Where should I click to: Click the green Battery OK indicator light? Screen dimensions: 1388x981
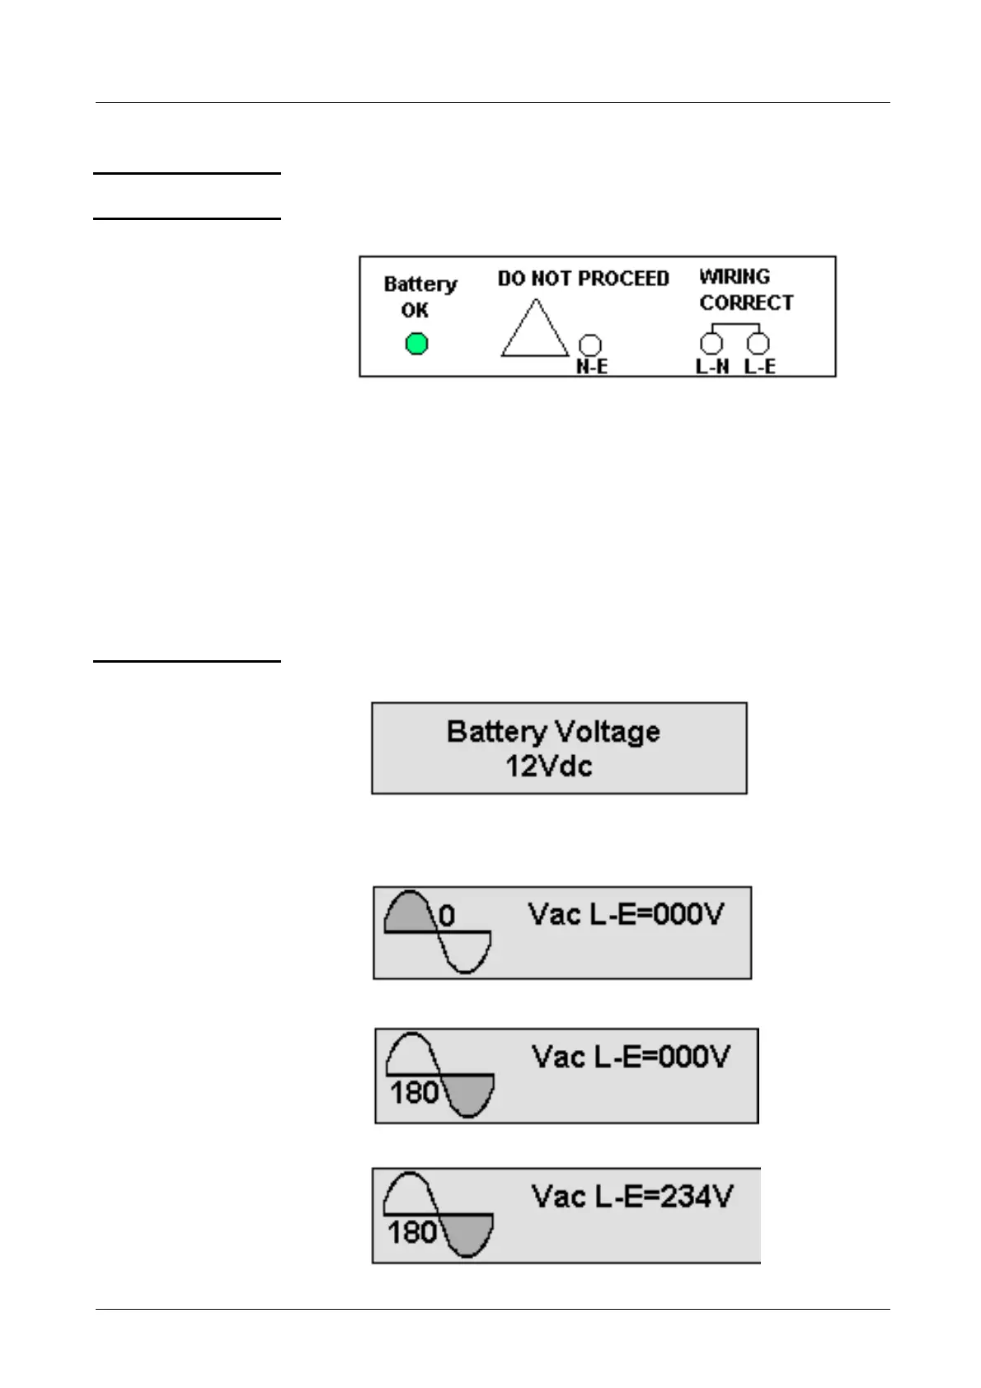[x=417, y=344]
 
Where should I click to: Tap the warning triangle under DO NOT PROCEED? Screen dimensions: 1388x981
[x=534, y=331]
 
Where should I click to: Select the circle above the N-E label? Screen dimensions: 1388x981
[x=591, y=345]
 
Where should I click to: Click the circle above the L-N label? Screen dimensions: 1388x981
[x=711, y=343]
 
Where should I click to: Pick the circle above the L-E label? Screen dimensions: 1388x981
[x=758, y=343]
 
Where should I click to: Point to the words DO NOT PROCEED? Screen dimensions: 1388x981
[x=583, y=279]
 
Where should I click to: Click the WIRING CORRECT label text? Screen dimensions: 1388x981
[x=745, y=290]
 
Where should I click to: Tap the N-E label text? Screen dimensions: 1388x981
[x=591, y=367]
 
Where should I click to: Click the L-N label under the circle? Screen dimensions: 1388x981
[x=712, y=367]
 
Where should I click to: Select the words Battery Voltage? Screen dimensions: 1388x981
[x=553, y=732]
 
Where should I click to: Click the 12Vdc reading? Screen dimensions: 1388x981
[x=548, y=767]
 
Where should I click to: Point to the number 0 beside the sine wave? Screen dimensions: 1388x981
[x=446, y=916]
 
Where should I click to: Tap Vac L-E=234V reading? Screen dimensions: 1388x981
[x=631, y=1196]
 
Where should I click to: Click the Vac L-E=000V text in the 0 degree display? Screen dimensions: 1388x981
[x=626, y=914]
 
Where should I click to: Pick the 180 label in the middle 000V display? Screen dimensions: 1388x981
[x=414, y=1093]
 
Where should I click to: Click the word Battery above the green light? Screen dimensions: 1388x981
[x=420, y=284]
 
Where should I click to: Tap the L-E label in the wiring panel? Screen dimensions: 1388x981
[x=759, y=367]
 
